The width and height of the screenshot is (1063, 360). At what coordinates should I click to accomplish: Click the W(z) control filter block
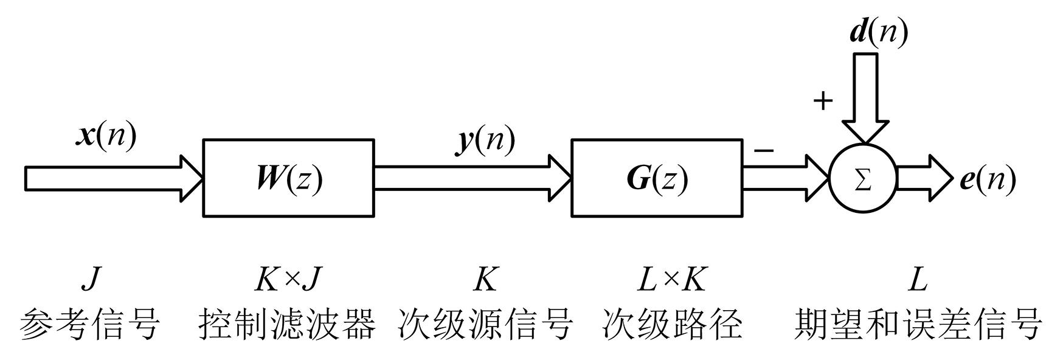[x=288, y=178]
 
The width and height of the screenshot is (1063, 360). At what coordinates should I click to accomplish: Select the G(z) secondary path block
[x=656, y=178]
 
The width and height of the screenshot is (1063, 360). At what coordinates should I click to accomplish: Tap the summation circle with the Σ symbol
[x=862, y=179]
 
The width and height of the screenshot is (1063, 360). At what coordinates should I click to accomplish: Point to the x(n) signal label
[x=106, y=135]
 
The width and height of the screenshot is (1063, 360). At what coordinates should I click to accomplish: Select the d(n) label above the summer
[x=878, y=32]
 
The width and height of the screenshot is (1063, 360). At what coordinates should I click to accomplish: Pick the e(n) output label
[x=988, y=180]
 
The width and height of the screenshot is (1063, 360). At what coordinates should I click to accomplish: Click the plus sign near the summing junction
[x=822, y=100]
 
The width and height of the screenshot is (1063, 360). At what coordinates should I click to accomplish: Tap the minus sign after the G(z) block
[x=764, y=150]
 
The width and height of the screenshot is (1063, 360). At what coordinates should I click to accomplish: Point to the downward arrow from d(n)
[x=865, y=97]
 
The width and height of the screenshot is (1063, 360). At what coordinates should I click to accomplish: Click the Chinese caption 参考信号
[x=90, y=324]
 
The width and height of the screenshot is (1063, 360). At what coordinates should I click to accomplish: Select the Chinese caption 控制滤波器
[x=287, y=324]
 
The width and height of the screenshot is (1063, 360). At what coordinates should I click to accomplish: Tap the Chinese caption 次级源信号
[x=485, y=324]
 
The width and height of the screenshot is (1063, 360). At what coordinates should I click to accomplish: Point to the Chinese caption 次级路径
[x=673, y=324]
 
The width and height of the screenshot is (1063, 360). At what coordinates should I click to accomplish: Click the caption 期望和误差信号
[x=918, y=324]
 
